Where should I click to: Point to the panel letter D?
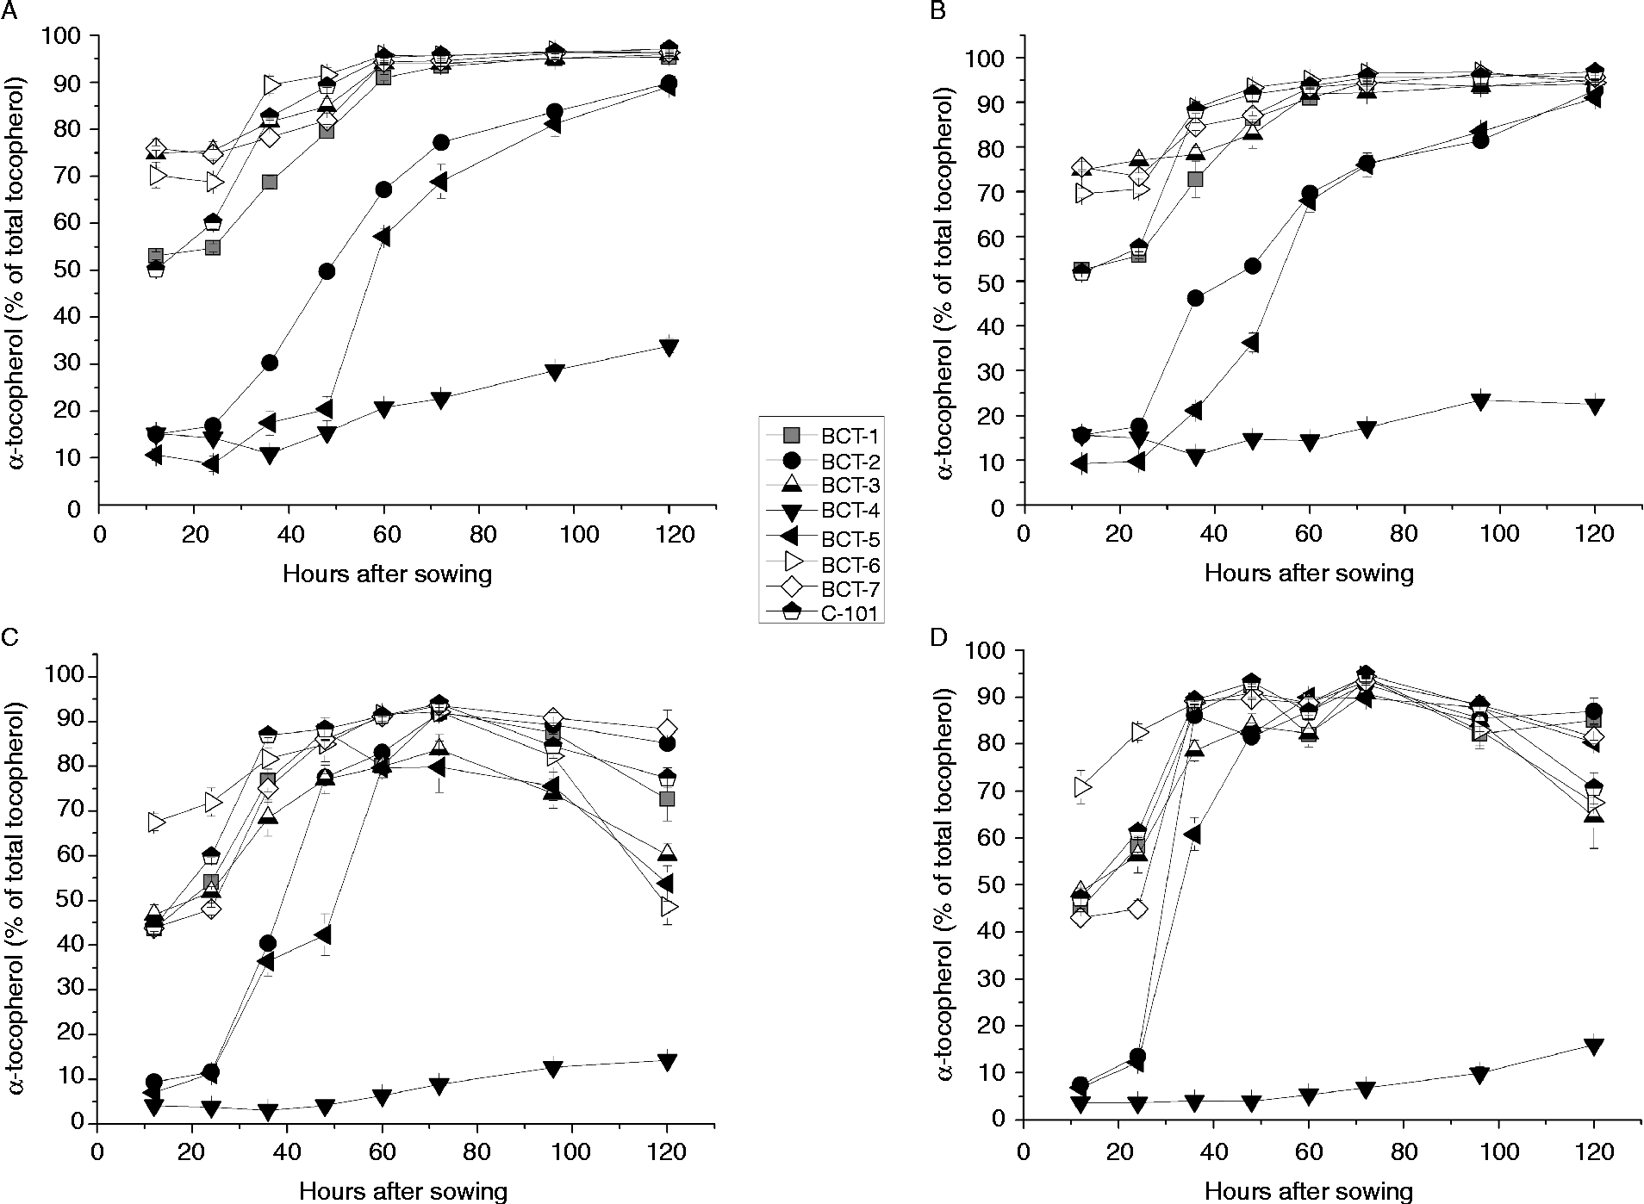[942, 638]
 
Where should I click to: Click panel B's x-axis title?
[1309, 572]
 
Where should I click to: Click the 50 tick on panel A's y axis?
[74, 270]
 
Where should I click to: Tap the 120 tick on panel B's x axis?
[1594, 531]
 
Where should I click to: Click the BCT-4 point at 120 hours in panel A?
[669, 348]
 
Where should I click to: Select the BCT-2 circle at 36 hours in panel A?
[270, 363]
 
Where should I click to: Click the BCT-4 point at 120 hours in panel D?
[1594, 1046]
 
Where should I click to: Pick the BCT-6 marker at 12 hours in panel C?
[156, 822]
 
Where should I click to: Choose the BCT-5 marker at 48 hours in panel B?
[1251, 344]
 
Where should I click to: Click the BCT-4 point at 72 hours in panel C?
[439, 1086]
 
